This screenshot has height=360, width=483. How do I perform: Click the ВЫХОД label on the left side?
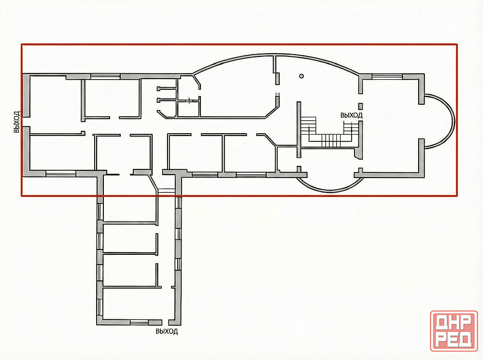[x=16, y=122]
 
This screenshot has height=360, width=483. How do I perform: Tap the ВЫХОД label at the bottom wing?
[x=167, y=332]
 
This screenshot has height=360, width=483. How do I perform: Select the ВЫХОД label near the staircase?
[x=351, y=115]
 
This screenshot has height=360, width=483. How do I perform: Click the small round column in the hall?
[x=301, y=76]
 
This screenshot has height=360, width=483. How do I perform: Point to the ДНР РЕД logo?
[x=454, y=331]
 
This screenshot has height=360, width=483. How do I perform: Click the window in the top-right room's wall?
[x=387, y=76]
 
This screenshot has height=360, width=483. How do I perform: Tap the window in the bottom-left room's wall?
[x=61, y=174]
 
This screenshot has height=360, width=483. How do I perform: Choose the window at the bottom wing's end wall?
[x=140, y=322]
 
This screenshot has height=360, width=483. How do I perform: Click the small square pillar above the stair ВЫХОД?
[x=360, y=106]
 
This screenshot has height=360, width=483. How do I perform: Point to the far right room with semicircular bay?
[x=391, y=126]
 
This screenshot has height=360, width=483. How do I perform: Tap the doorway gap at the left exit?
[x=27, y=122]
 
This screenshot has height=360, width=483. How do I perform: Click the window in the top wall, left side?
[x=105, y=76]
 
